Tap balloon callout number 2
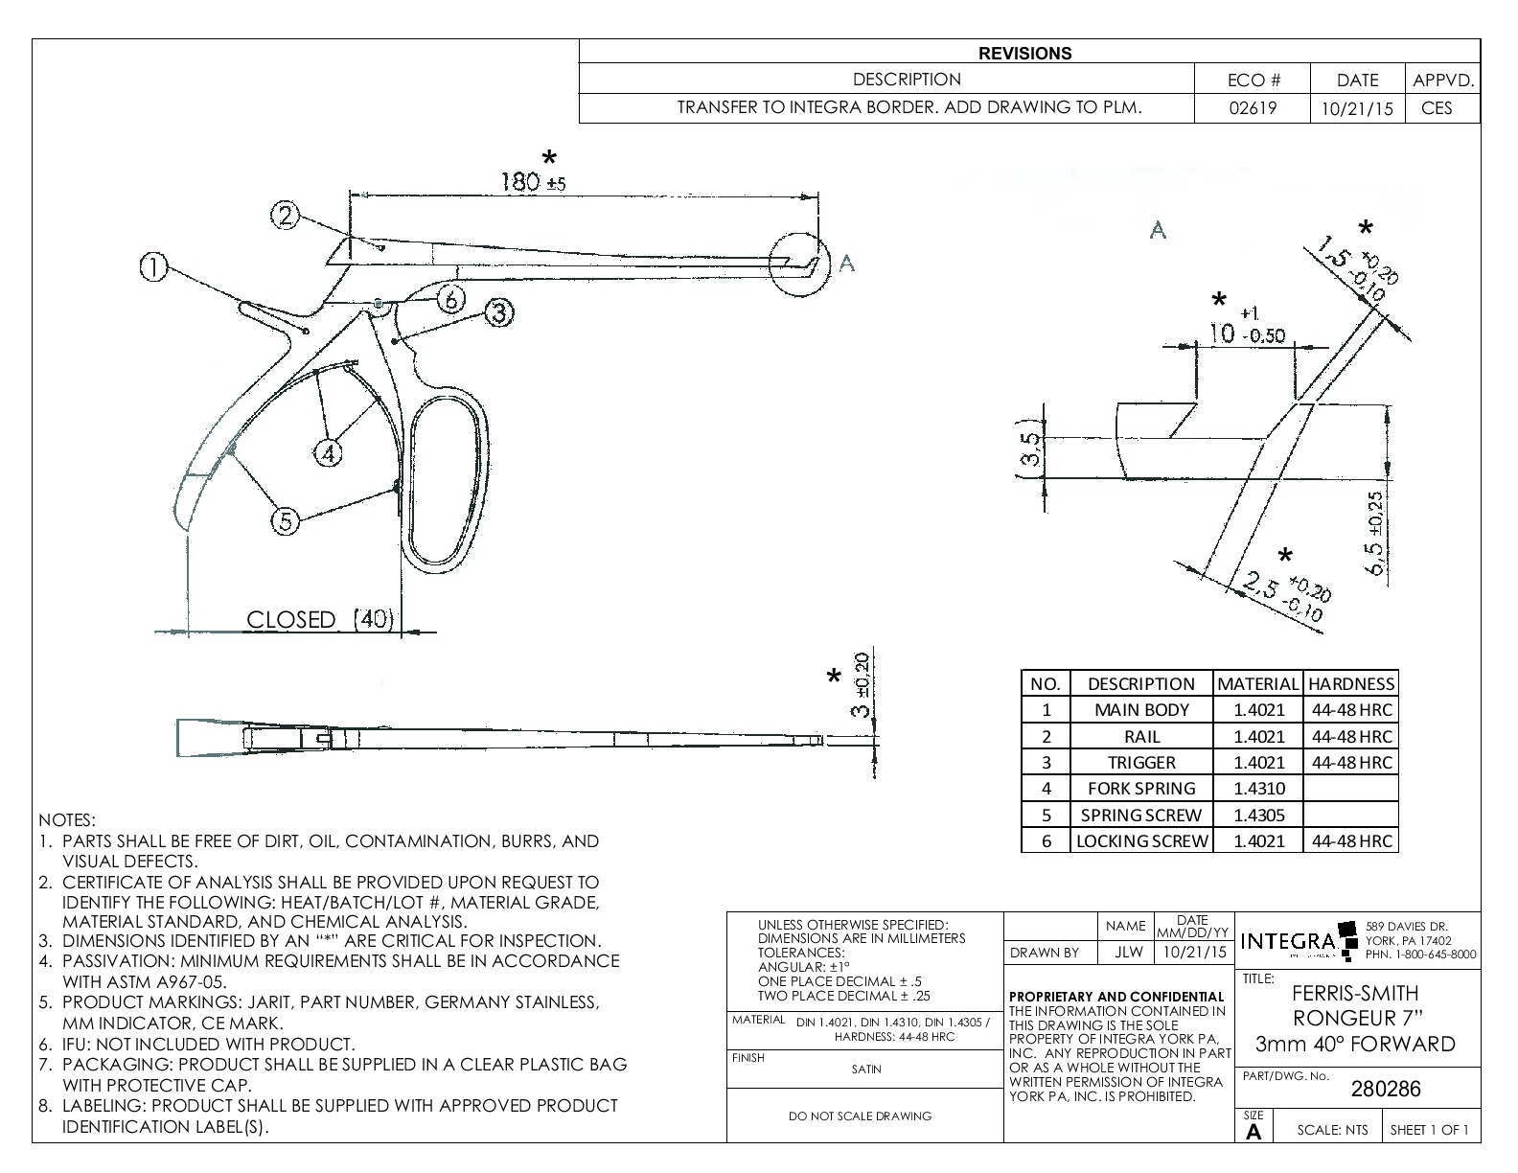click(x=286, y=216)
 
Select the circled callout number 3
click(x=499, y=312)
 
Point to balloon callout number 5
click(x=285, y=521)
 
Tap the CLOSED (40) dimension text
click(x=319, y=620)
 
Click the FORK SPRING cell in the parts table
click(x=1140, y=789)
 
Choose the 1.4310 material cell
click(x=1257, y=789)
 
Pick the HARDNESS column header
click(x=1351, y=684)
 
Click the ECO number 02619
click(x=1253, y=108)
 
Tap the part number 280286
click(x=1385, y=1089)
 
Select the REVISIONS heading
click(x=1024, y=54)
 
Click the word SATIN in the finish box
click(x=865, y=1069)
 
